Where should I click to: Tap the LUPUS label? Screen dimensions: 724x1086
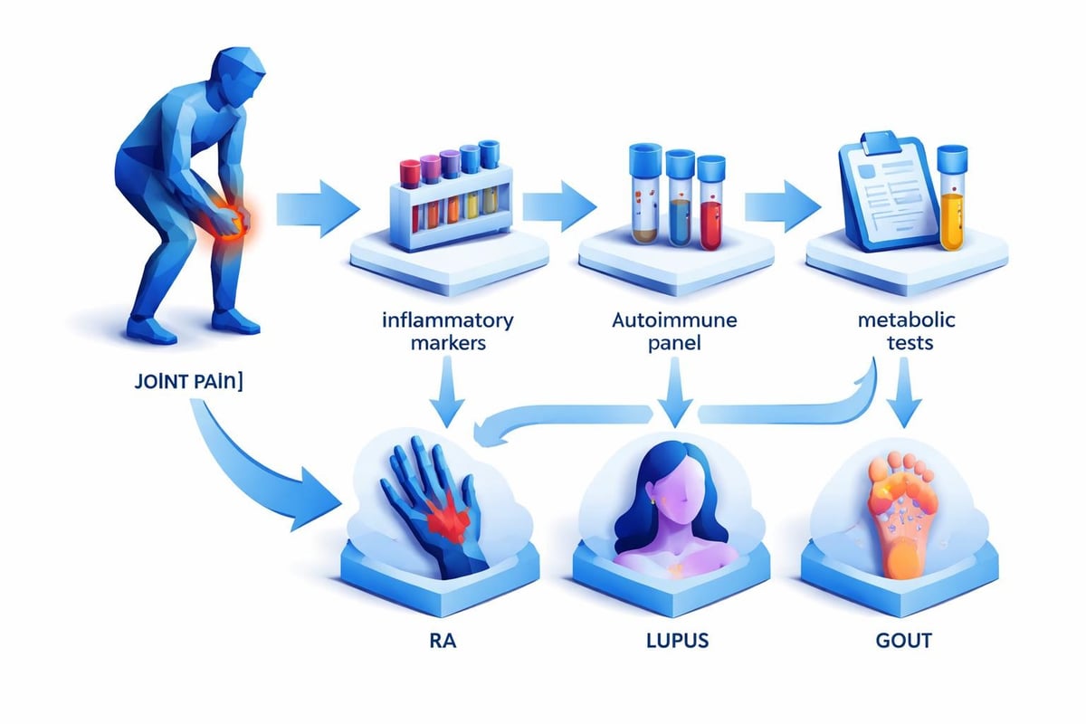pyautogui.click(x=674, y=643)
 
